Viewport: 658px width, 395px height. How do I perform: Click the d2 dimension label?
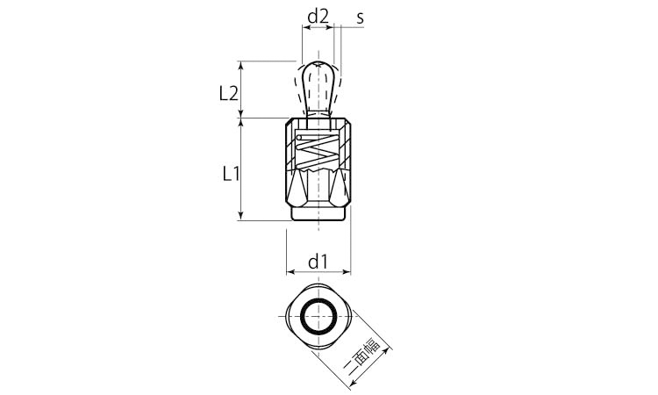318,17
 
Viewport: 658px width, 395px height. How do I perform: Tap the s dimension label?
360,18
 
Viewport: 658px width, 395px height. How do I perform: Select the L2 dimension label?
229,94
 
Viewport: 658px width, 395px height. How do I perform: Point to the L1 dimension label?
231,173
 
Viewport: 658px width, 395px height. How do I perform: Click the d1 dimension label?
318,262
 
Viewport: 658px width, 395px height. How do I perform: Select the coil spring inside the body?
318,151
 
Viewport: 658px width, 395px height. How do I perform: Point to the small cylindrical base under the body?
318,213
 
